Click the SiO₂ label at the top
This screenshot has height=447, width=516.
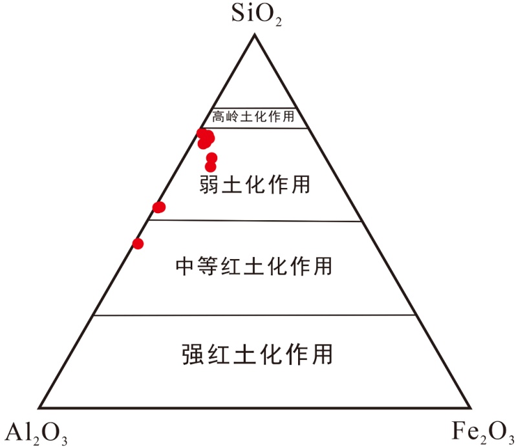(x=257, y=15)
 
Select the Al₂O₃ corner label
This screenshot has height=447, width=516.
(x=36, y=431)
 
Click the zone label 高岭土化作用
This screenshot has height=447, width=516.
(x=253, y=118)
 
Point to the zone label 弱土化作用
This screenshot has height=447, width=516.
(x=255, y=184)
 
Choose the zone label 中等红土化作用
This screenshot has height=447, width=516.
(x=254, y=265)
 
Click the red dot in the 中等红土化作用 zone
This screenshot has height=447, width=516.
(x=137, y=244)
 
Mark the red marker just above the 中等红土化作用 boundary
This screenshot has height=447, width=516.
(x=158, y=207)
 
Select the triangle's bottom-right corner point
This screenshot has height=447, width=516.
(x=471, y=408)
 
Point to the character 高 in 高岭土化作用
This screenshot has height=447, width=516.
(x=217, y=118)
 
